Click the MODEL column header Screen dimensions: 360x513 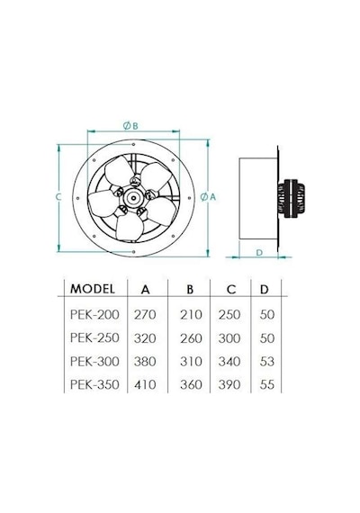[x=93, y=289]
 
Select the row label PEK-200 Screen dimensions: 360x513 [x=94, y=314]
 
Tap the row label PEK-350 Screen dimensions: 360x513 [x=94, y=384]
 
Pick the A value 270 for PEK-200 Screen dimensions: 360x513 [x=145, y=314]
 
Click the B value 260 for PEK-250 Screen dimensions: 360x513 [x=191, y=338]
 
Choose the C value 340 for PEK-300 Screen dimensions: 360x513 [x=229, y=362]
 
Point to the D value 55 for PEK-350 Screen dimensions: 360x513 [x=267, y=384]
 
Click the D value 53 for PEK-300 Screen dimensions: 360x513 [x=267, y=362]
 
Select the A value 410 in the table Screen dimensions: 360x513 [x=145, y=384]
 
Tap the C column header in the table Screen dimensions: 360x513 [x=231, y=289]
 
